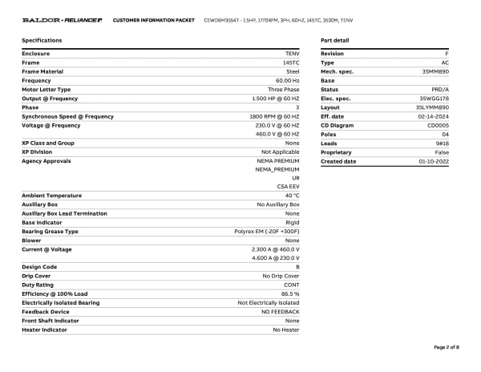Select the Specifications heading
(42, 40)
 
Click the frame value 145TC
(291, 63)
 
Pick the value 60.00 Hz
(287, 80)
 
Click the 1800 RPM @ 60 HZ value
(274, 116)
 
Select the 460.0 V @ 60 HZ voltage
(277, 134)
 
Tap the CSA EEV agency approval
(289, 186)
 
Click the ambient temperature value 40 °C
(291, 196)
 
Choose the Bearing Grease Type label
(50, 232)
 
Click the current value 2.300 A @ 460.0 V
(275, 249)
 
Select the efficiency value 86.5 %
(289, 294)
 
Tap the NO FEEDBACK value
(281, 312)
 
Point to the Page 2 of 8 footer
(446, 347)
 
